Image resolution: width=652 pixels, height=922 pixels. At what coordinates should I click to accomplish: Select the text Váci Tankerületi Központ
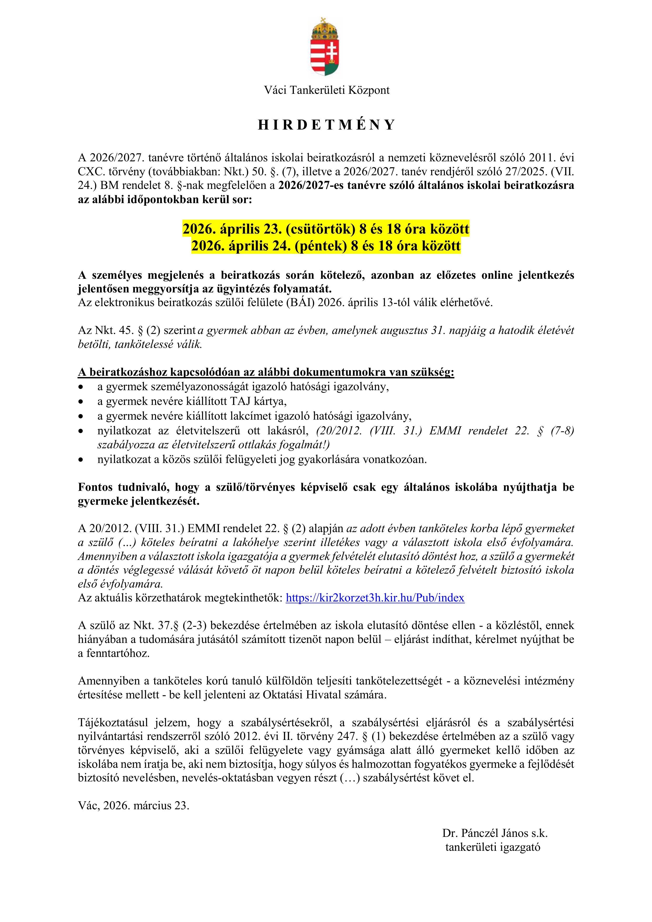click(326, 90)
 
